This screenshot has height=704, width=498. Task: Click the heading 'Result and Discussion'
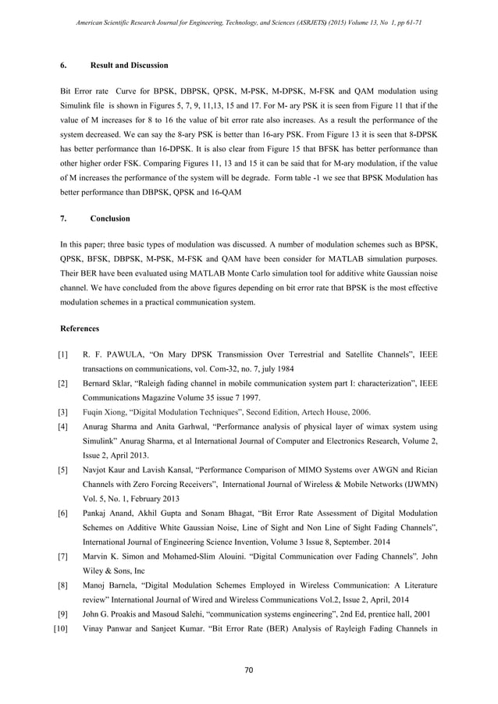tap(130, 65)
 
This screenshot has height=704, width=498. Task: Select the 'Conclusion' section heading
tap(110, 218)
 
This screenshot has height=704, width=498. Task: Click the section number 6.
tap(63, 65)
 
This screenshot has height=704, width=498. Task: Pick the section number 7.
tap(63, 218)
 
